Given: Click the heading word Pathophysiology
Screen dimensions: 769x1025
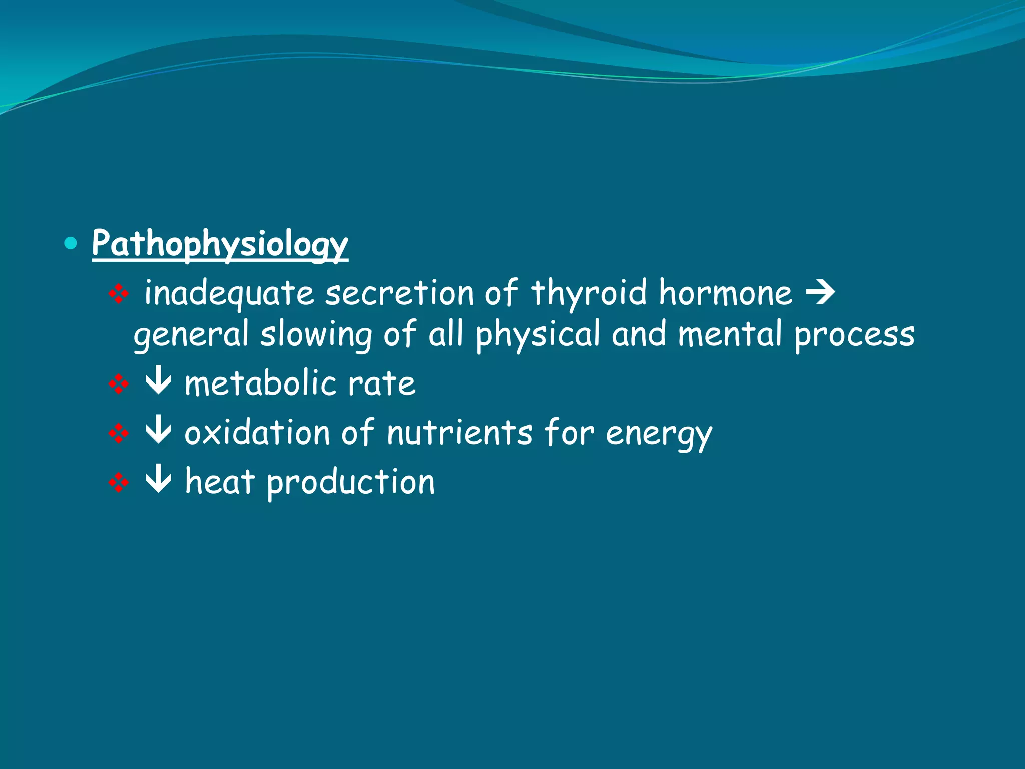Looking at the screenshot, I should point(220,244).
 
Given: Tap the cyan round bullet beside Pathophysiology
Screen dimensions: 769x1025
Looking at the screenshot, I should point(71,244).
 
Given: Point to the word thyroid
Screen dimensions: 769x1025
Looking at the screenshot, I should point(589,293).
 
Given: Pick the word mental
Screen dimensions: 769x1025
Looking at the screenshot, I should point(730,334).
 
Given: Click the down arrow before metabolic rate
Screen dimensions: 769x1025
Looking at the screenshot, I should point(158,382).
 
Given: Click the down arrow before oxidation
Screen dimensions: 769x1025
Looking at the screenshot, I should point(158,431).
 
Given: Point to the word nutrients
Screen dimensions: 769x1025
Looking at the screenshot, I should point(459,433).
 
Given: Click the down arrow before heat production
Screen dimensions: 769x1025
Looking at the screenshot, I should point(158,480).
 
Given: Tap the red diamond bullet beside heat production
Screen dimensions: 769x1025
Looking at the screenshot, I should point(119,483).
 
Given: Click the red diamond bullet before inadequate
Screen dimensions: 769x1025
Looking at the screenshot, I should point(119,294).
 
